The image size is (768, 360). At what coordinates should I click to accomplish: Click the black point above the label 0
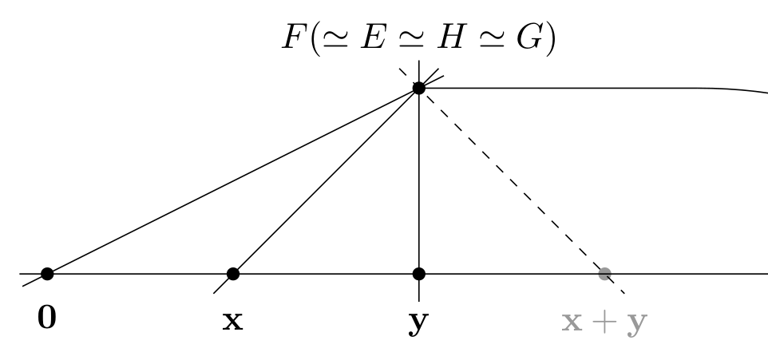pos(47,274)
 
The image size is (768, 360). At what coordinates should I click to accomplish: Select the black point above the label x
pos(233,274)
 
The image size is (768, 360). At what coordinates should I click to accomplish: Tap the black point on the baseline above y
pos(419,274)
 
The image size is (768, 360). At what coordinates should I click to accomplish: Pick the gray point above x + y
pos(605,274)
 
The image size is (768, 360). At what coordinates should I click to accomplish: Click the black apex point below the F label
pos(419,88)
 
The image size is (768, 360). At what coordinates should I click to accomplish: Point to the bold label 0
pos(47,318)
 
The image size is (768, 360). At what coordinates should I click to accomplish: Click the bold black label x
pos(232,322)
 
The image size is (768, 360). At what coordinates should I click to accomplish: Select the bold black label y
pos(419,324)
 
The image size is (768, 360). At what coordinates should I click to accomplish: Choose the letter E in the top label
pos(374,37)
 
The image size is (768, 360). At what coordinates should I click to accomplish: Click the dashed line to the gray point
pos(512,180)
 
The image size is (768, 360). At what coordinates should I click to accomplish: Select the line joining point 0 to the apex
pos(233,180)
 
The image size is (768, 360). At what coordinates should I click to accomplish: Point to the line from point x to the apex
pos(326,180)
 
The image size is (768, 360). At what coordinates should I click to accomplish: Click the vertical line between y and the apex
pos(419,180)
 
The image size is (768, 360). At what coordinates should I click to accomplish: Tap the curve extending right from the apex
pos(592,88)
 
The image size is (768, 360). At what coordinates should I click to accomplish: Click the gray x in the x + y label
pos(572,322)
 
